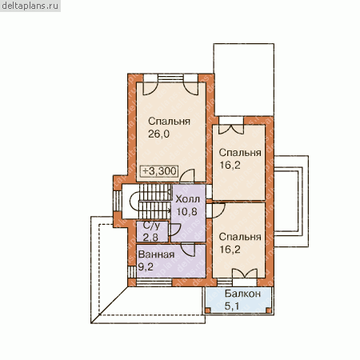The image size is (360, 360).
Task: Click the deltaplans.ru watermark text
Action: coord(30,6)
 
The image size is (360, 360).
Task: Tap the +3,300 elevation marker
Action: coord(159,171)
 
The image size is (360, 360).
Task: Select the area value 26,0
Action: coord(158,134)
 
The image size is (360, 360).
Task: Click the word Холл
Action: coord(188,199)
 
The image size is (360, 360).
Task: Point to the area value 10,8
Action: coord(187,211)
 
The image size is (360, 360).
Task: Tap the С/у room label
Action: coord(151,226)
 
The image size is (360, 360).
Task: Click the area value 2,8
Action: coord(150,237)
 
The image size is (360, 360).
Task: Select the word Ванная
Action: coord(156,254)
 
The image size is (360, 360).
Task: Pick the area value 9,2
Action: coord(146,266)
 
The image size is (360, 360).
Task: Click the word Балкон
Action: coord(242,294)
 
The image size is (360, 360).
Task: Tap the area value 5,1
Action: coord(232,306)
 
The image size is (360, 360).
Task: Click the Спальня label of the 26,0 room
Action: coord(169,122)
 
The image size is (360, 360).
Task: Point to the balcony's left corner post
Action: coord(208,310)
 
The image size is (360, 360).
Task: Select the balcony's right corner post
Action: coord(269,310)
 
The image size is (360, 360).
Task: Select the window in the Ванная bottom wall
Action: coord(154,282)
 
